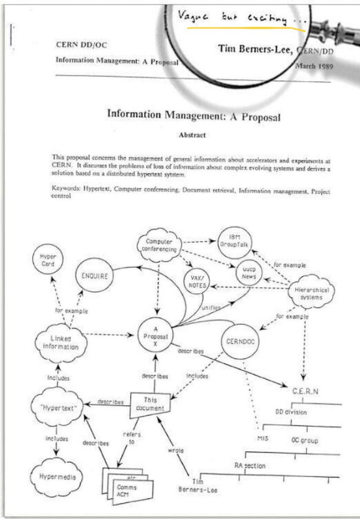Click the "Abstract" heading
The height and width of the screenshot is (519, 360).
click(192, 135)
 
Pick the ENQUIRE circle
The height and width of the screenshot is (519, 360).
click(94, 276)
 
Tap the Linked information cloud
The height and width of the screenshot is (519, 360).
click(60, 342)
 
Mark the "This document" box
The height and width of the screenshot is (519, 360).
click(150, 405)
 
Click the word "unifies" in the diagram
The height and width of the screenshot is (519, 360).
click(211, 308)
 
